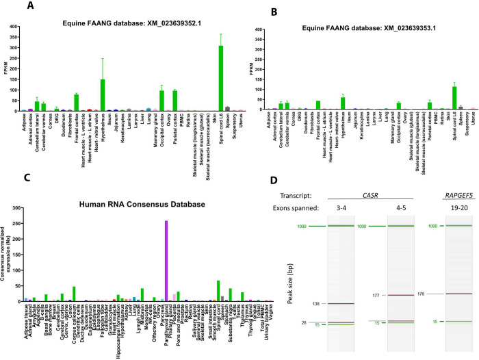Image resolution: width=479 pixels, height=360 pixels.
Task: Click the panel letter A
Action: pos(31,6)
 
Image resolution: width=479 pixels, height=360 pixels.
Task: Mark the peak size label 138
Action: pos(300,303)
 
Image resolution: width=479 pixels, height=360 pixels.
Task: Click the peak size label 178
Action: pos(421,294)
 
